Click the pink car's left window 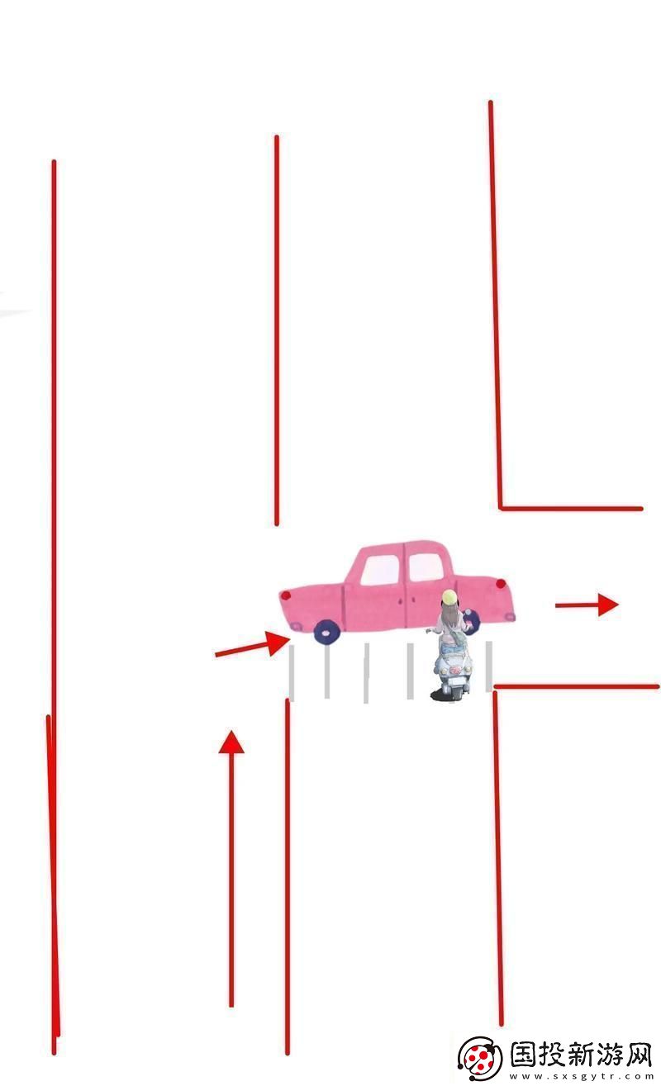point(380,568)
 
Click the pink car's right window point(426,567)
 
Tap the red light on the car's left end point(286,595)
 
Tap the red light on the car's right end point(500,584)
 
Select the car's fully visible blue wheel point(326,632)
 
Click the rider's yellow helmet point(449,597)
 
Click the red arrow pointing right point(586,605)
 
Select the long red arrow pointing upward point(231,867)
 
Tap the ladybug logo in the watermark point(480,1058)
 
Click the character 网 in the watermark point(637,1055)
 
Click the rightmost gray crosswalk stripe point(488,665)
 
